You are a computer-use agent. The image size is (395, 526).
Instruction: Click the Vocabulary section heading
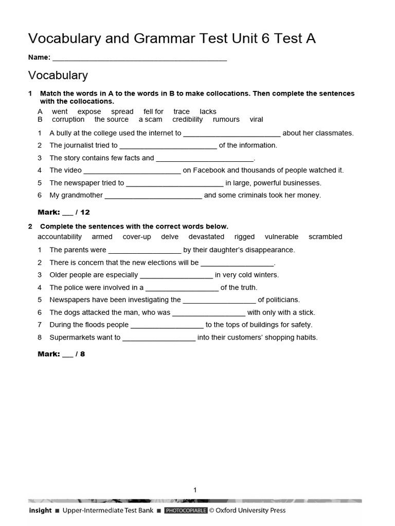click(58, 76)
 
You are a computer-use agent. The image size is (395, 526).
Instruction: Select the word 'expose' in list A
click(89, 111)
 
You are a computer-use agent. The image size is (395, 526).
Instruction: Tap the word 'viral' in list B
click(256, 119)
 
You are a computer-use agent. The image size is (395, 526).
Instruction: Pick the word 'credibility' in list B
click(188, 119)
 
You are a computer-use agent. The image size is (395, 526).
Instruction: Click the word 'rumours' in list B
click(226, 119)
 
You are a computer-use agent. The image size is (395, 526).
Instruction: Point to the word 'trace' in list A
click(182, 111)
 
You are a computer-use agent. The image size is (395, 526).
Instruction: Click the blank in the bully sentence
click(232, 134)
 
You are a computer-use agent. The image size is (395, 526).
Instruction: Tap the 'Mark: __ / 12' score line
click(64, 212)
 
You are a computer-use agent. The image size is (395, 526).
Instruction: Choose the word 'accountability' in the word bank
click(60, 237)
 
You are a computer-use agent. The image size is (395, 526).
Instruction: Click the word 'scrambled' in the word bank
click(325, 237)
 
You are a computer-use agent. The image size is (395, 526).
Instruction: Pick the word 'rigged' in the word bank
click(244, 237)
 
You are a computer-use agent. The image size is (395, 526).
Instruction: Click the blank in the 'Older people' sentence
click(176, 275)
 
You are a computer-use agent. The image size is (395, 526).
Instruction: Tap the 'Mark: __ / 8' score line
click(62, 354)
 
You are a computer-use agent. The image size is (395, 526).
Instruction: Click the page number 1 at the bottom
click(195, 490)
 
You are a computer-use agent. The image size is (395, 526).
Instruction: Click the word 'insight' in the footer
click(40, 511)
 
